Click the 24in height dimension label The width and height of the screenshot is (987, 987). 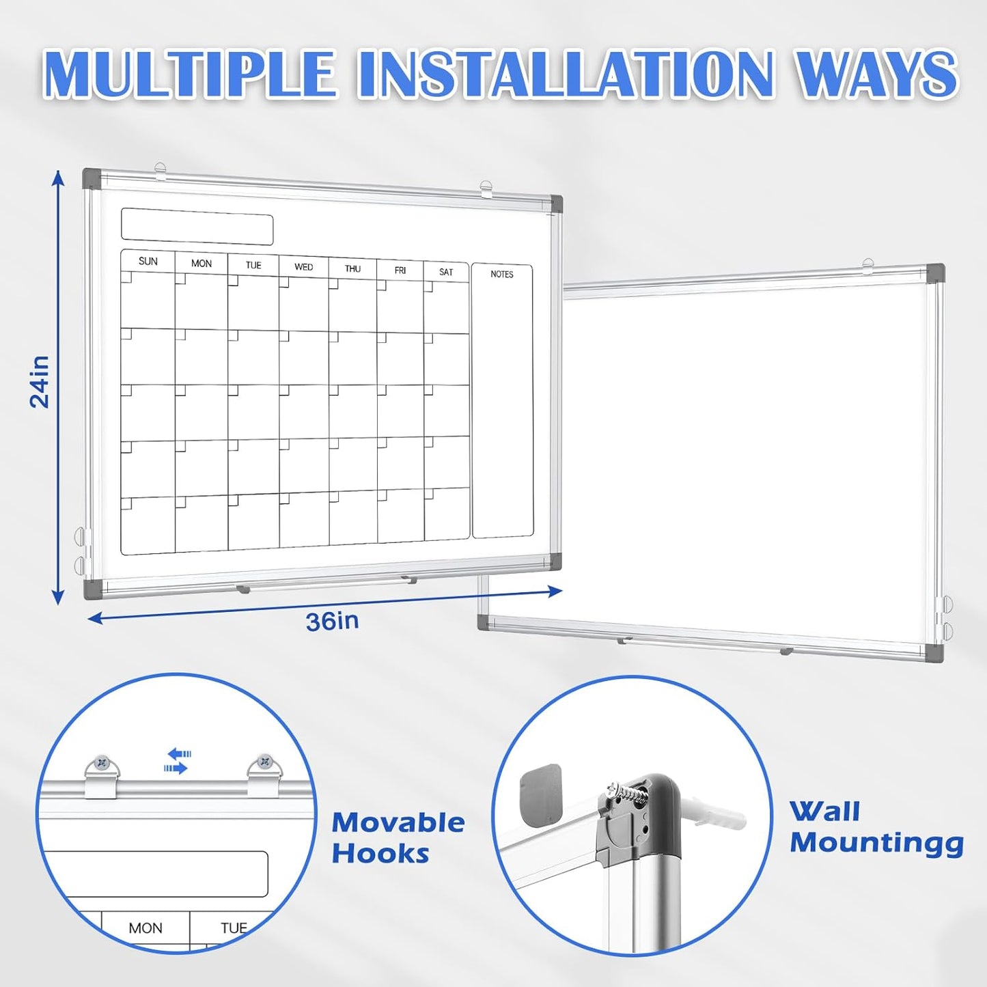[40, 382]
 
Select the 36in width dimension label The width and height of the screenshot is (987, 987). [332, 622]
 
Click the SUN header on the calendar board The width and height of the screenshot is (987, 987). [148, 262]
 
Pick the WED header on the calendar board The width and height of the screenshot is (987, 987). [303, 267]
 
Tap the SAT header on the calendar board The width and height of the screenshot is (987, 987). [446, 272]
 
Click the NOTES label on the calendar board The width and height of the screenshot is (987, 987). [501, 274]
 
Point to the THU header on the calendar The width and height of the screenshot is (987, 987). [352, 268]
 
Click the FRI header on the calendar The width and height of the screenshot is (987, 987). [400, 270]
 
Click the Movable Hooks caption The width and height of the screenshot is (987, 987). [398, 838]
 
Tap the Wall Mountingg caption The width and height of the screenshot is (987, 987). [876, 827]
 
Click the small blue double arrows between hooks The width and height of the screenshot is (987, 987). [178, 761]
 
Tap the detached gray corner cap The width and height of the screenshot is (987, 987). [540, 794]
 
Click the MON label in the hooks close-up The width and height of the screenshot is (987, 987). [145, 928]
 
